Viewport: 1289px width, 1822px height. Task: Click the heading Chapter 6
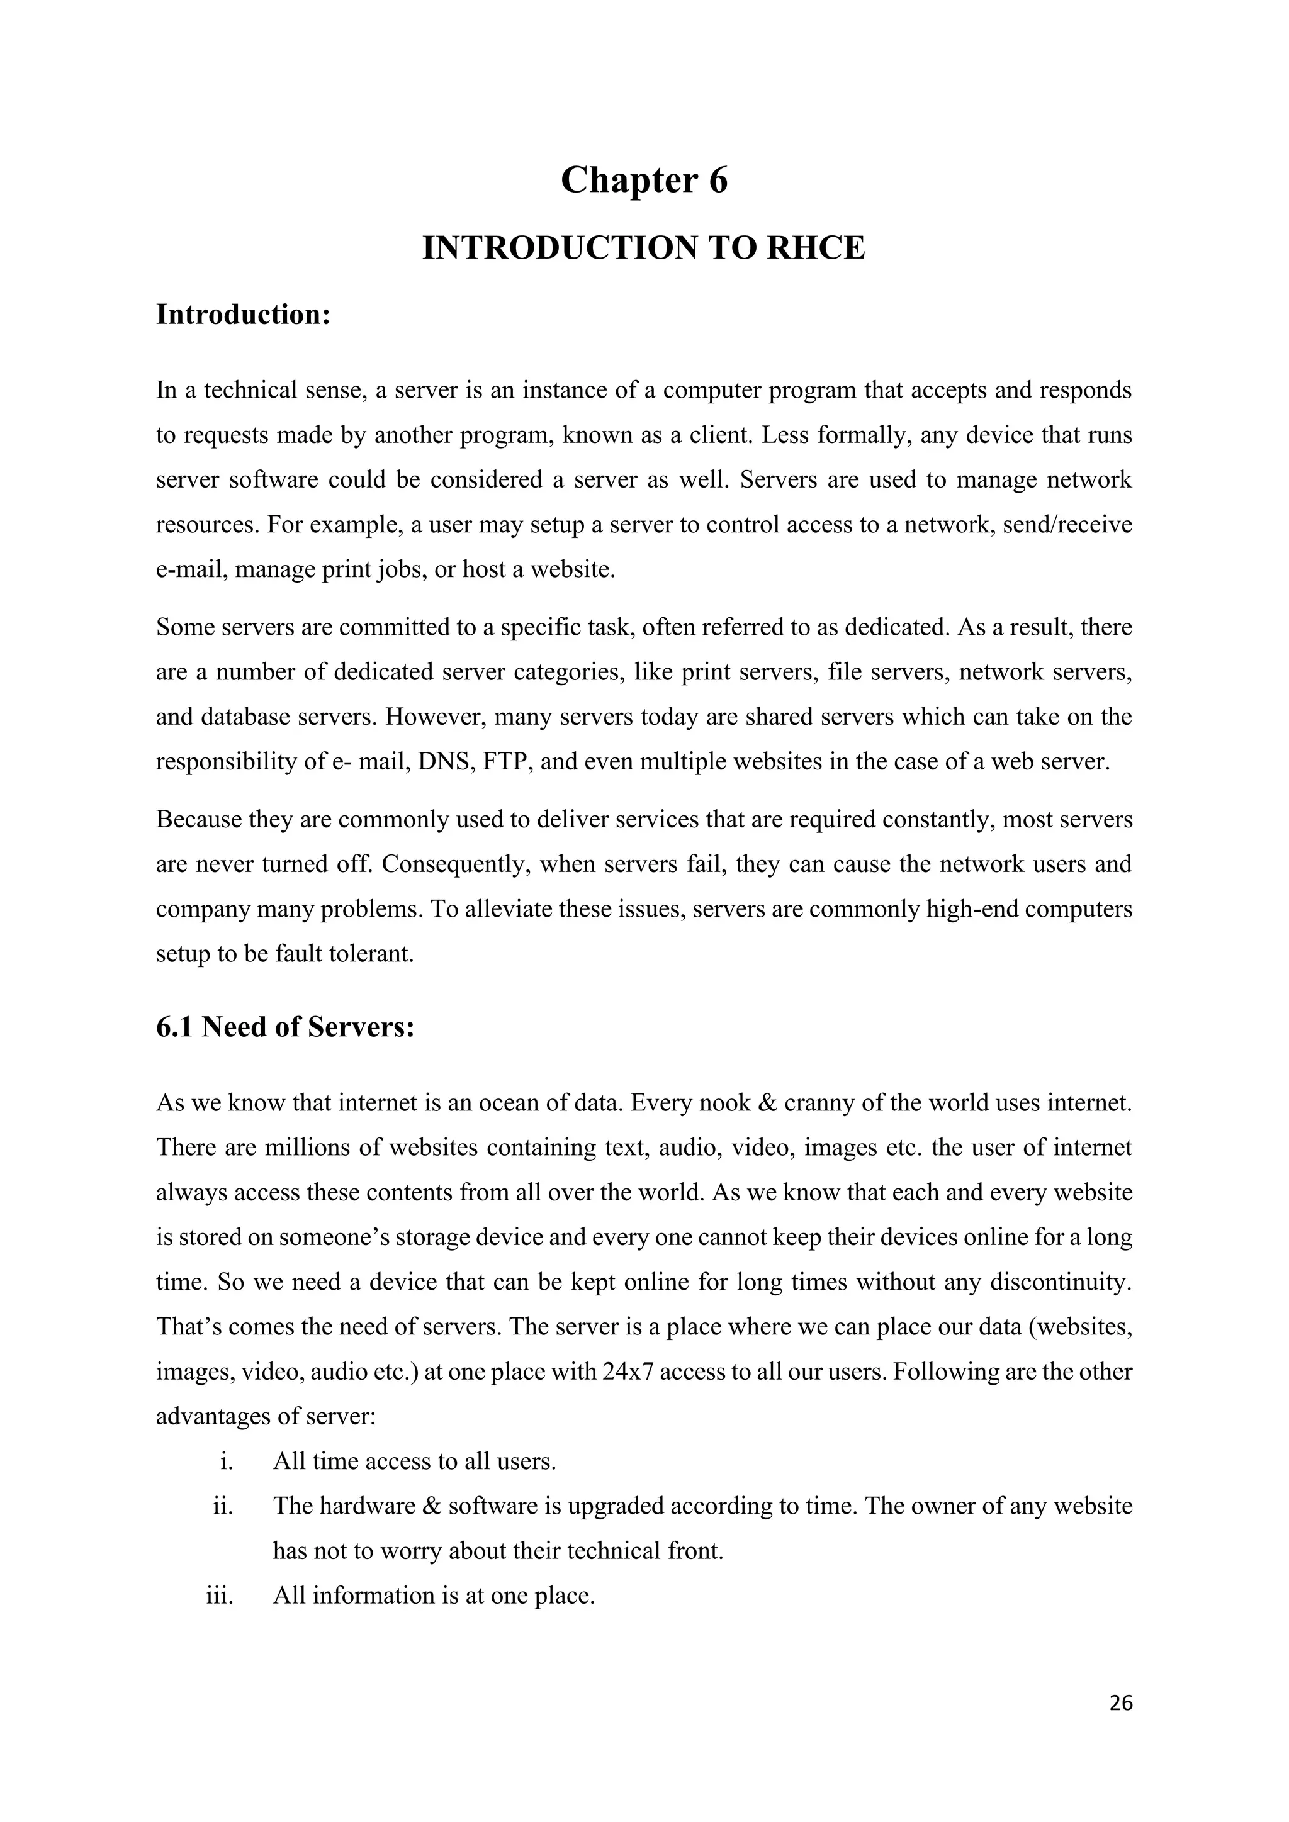click(644, 181)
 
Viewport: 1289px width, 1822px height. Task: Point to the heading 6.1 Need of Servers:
click(286, 1027)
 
